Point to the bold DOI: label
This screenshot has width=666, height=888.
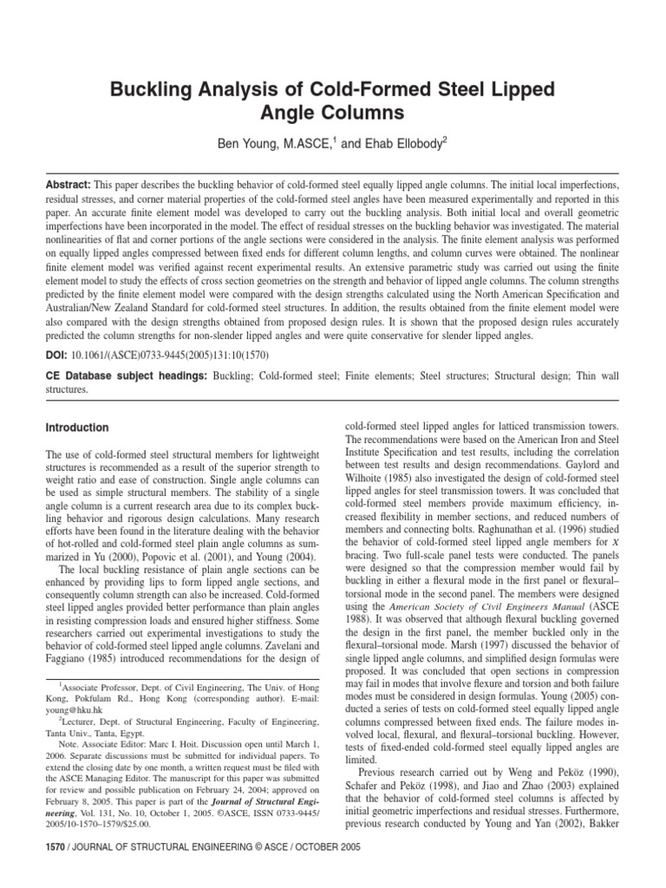[x=58, y=355]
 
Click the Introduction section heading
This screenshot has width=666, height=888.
[x=77, y=428]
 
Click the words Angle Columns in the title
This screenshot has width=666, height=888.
[x=334, y=112]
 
